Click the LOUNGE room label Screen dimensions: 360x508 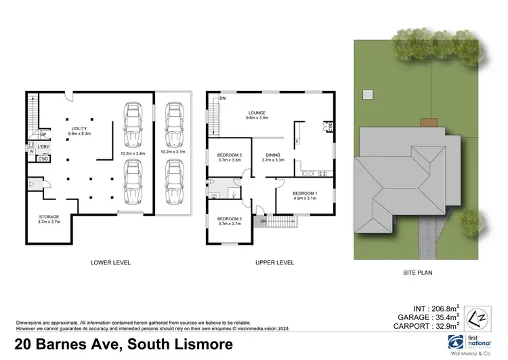coord(256,113)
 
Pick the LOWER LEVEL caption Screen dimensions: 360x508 coord(110,262)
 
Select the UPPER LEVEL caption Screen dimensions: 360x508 coord(274,262)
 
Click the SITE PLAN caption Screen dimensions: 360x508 coord(413,273)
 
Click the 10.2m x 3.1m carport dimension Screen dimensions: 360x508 coord(173,152)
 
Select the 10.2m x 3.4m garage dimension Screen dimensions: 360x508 coord(132,153)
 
